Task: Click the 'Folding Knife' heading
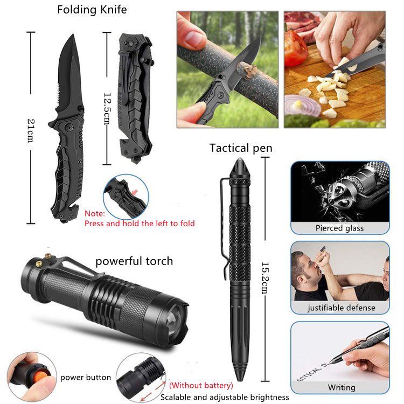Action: point(92,10)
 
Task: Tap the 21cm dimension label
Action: point(31,131)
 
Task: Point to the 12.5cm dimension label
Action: point(107,109)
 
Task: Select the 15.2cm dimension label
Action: point(265,278)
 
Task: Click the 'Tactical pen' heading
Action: point(241,148)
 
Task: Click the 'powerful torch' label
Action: point(134,261)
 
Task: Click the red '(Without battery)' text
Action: point(201,385)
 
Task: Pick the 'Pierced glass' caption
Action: point(339,228)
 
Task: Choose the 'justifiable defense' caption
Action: point(341,308)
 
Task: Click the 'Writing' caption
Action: point(342,387)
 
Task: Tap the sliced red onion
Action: point(302,105)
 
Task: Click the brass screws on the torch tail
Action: point(43,260)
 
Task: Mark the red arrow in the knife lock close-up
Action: point(134,192)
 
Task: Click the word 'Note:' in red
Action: point(95,214)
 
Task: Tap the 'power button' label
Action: point(86,378)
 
